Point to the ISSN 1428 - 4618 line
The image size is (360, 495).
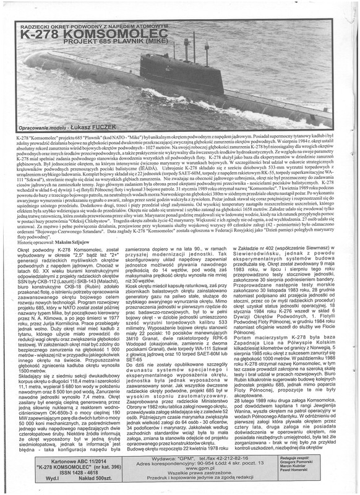tap(64, 473)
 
